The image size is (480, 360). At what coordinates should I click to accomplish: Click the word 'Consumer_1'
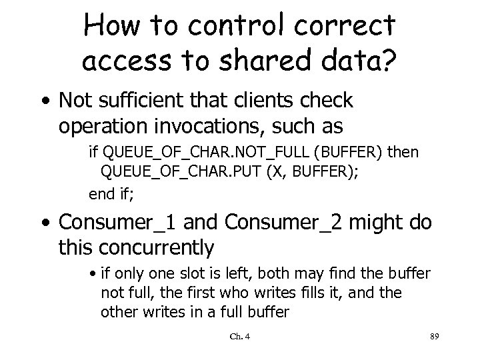[125, 221]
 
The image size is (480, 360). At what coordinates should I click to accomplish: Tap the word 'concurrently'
[157, 247]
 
